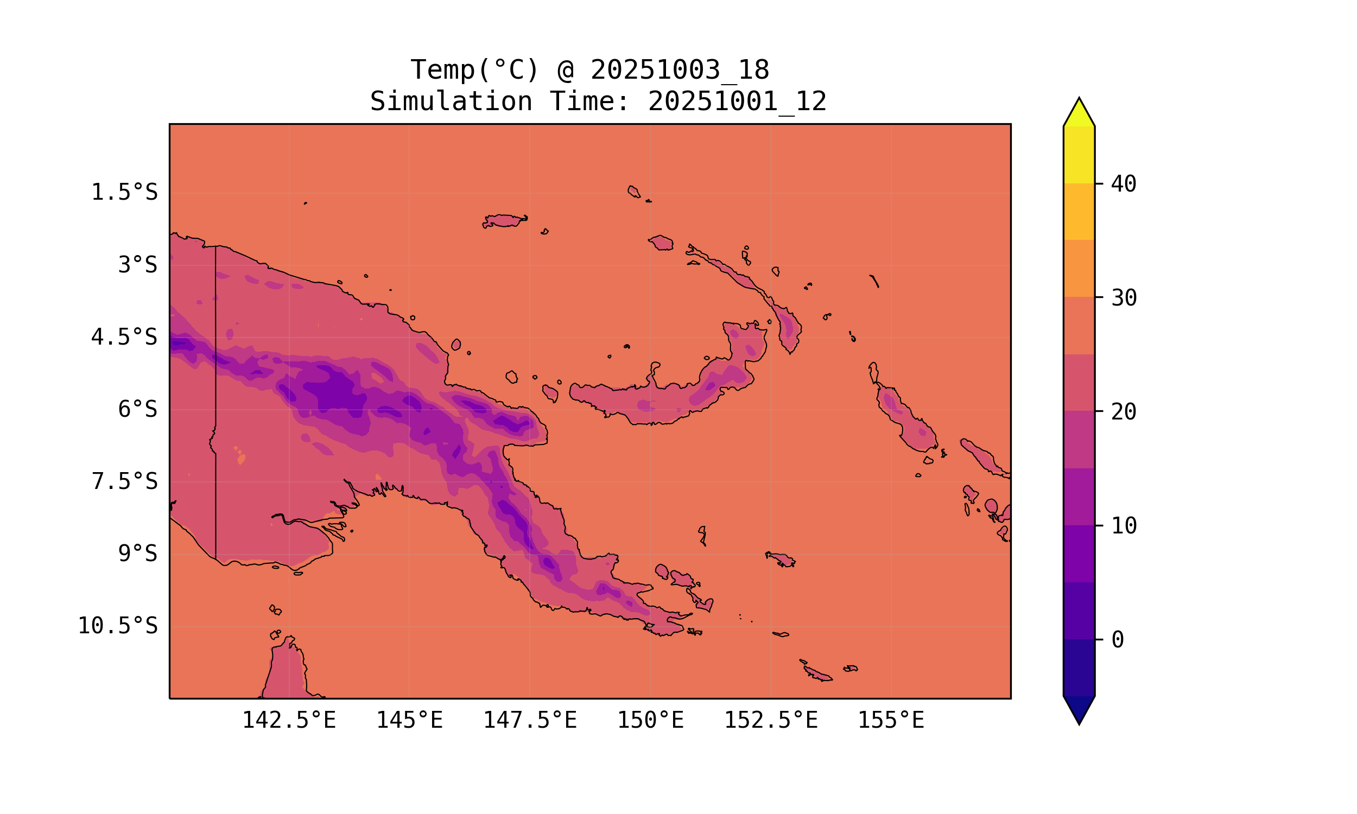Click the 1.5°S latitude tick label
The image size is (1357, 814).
tap(124, 193)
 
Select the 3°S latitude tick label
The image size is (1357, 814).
tap(138, 265)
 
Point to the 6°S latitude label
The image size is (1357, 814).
tap(138, 409)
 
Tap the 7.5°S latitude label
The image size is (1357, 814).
tap(124, 481)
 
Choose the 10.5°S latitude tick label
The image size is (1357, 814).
tap(117, 626)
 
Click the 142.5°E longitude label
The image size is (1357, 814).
tap(289, 720)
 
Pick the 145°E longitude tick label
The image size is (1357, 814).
tap(409, 720)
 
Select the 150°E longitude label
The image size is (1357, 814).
tap(650, 720)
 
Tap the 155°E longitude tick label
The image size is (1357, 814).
tap(891, 720)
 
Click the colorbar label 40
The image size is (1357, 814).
tap(1124, 185)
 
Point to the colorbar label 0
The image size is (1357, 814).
tap(1117, 640)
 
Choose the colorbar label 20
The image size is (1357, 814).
tap(1124, 412)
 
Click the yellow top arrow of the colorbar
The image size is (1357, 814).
tap(1079, 113)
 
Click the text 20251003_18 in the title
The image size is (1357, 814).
tap(680, 70)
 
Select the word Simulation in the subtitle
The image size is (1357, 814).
tap(451, 102)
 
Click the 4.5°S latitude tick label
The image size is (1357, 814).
tap(124, 338)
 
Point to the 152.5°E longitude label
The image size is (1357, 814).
tap(771, 720)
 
